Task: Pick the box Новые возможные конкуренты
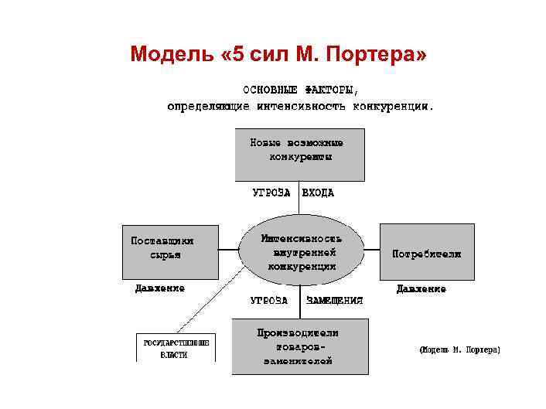(x=299, y=155)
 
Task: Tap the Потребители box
(x=426, y=252)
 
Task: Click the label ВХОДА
(x=318, y=193)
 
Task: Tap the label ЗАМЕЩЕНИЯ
(x=334, y=300)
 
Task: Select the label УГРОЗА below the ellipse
(x=269, y=300)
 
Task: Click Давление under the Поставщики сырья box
(x=160, y=288)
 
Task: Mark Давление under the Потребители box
(x=421, y=289)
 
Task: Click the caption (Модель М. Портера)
(x=459, y=350)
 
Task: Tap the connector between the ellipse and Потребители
(x=370, y=251)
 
